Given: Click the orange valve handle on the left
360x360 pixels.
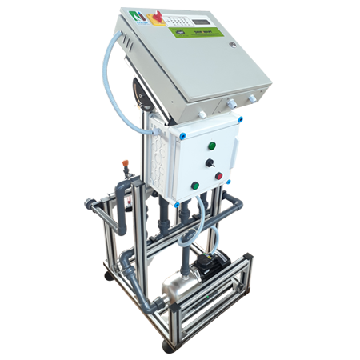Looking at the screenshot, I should (x=126, y=170).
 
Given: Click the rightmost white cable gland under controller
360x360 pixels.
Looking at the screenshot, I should (x=251, y=98).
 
